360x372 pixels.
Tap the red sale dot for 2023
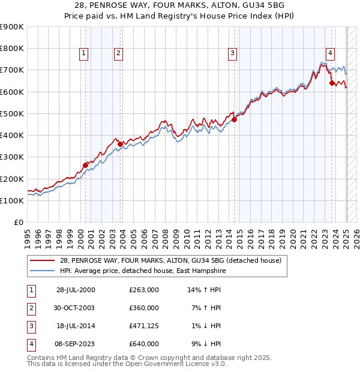(x=332, y=83)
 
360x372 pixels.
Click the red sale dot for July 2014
(x=235, y=120)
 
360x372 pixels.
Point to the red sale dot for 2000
(x=85, y=165)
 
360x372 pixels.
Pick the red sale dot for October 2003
(x=121, y=144)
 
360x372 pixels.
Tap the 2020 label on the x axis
(x=293, y=236)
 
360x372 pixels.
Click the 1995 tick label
(x=27, y=236)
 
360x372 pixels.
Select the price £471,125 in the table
(x=144, y=326)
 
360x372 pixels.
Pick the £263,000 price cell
(x=144, y=290)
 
